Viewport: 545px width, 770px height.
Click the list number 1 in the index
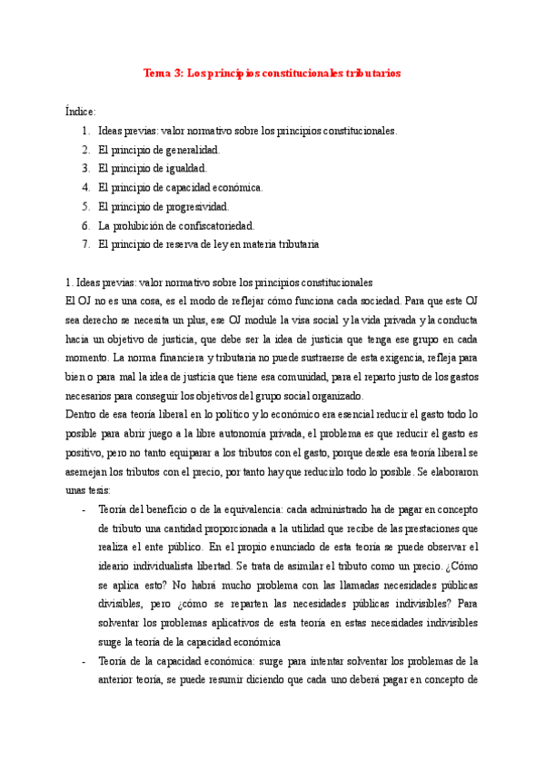[84, 131]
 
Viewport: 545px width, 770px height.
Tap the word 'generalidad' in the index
[191, 150]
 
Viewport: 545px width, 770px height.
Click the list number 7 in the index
[84, 244]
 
